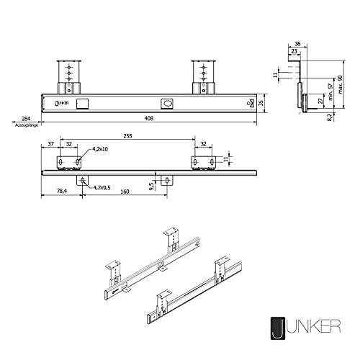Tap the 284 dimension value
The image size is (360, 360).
click(26, 118)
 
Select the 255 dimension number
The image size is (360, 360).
click(127, 135)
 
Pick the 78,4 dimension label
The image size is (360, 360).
click(62, 192)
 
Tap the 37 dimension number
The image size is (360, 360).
click(51, 144)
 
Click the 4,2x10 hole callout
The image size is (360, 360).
click(98, 150)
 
